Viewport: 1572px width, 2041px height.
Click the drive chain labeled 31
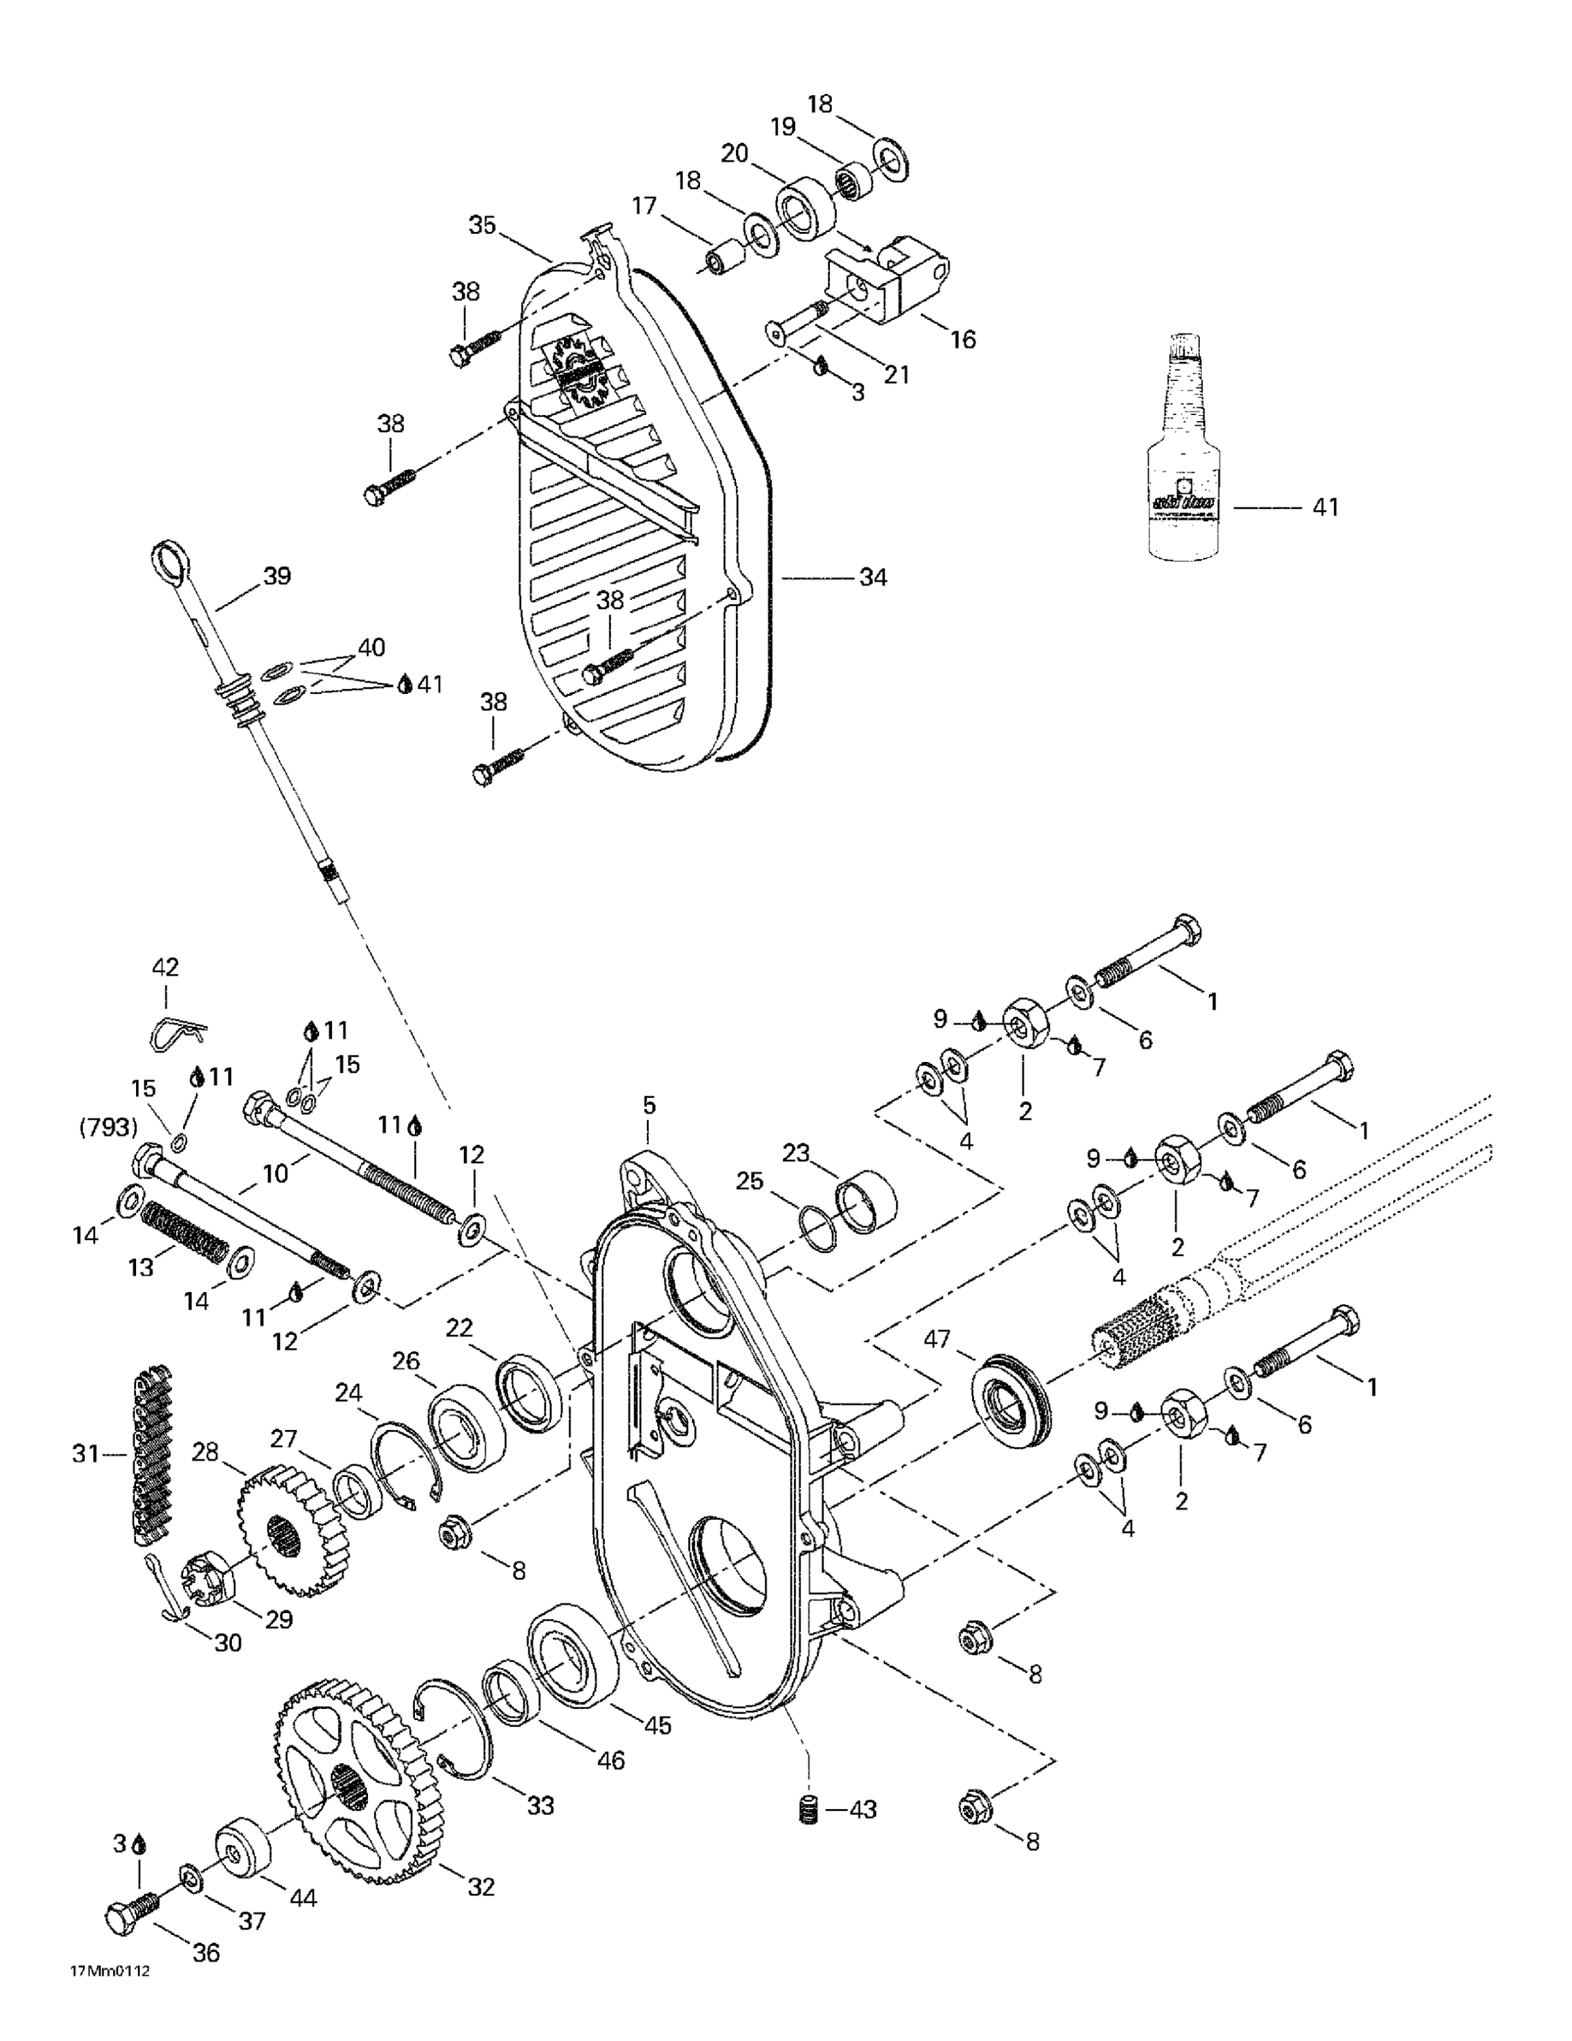click(150, 1454)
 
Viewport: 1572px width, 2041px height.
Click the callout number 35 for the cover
click(482, 225)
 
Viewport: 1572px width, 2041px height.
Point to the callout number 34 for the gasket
click(872, 578)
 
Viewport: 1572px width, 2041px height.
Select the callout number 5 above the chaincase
click(649, 1106)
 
